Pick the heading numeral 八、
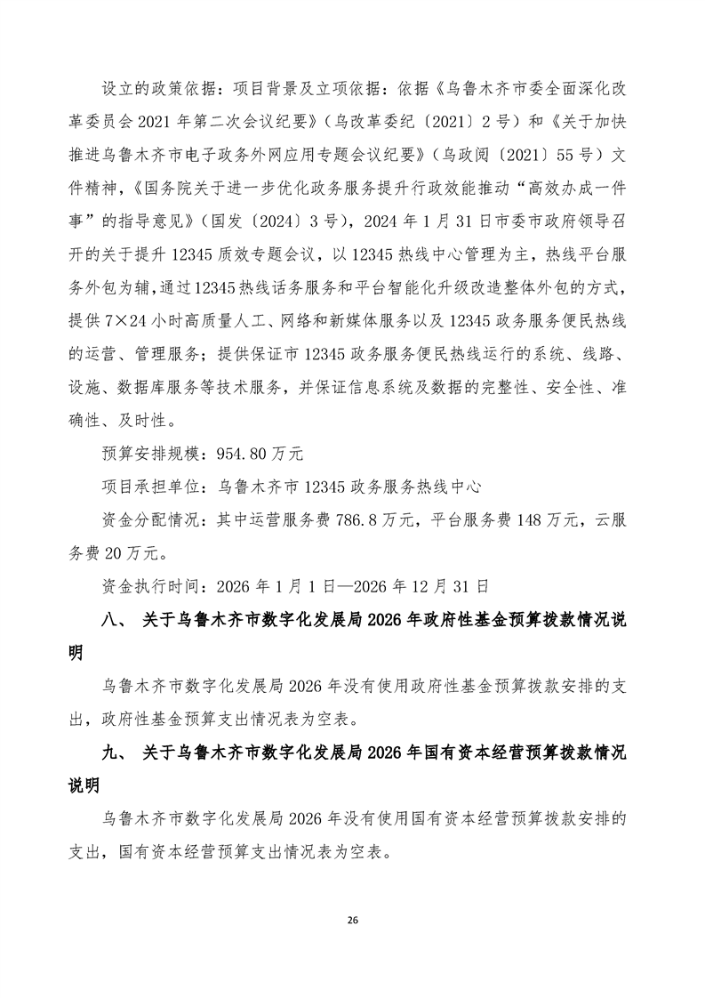(x=115, y=621)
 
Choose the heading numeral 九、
(x=115, y=754)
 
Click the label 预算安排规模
(x=150, y=453)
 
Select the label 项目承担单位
(x=150, y=487)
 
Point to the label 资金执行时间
(x=150, y=587)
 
